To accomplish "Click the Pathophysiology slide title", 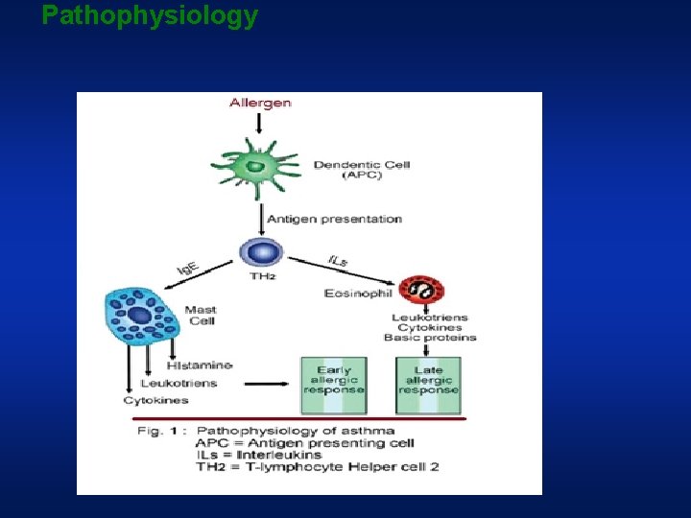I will [x=150, y=15].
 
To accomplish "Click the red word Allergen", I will [x=260, y=103].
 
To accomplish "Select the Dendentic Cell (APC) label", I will [x=362, y=170].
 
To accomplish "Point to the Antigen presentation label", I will [x=334, y=219].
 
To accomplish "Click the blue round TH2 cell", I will [x=261, y=254].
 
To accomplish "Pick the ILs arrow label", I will [x=338, y=260].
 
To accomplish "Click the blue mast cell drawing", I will [x=142, y=317].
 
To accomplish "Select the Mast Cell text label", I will [x=201, y=315].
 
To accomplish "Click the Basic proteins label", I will [x=430, y=338].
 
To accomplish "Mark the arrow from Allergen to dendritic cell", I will [x=260, y=122].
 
